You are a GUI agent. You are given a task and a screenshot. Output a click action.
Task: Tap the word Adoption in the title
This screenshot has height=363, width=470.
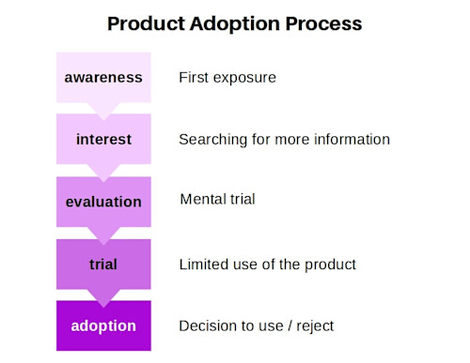[241, 23]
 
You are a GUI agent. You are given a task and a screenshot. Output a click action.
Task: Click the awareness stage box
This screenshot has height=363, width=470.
[103, 77]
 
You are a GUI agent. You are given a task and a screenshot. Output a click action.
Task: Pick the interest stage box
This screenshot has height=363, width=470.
[103, 140]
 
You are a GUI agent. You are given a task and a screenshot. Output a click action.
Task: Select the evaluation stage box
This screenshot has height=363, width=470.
[103, 202]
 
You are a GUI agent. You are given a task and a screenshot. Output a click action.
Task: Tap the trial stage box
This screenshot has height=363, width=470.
[103, 265]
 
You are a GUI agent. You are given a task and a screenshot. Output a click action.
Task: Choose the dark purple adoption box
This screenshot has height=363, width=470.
[103, 326]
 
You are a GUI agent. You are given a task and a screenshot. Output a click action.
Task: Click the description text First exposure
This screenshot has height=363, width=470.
[227, 77]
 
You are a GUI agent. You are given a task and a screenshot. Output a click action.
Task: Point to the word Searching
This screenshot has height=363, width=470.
[212, 140]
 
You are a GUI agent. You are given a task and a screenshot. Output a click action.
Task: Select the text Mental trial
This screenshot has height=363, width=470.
[217, 200]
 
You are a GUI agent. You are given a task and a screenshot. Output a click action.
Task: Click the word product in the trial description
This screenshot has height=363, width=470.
[330, 265]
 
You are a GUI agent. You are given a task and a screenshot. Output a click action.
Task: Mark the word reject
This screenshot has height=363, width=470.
[313, 326]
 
